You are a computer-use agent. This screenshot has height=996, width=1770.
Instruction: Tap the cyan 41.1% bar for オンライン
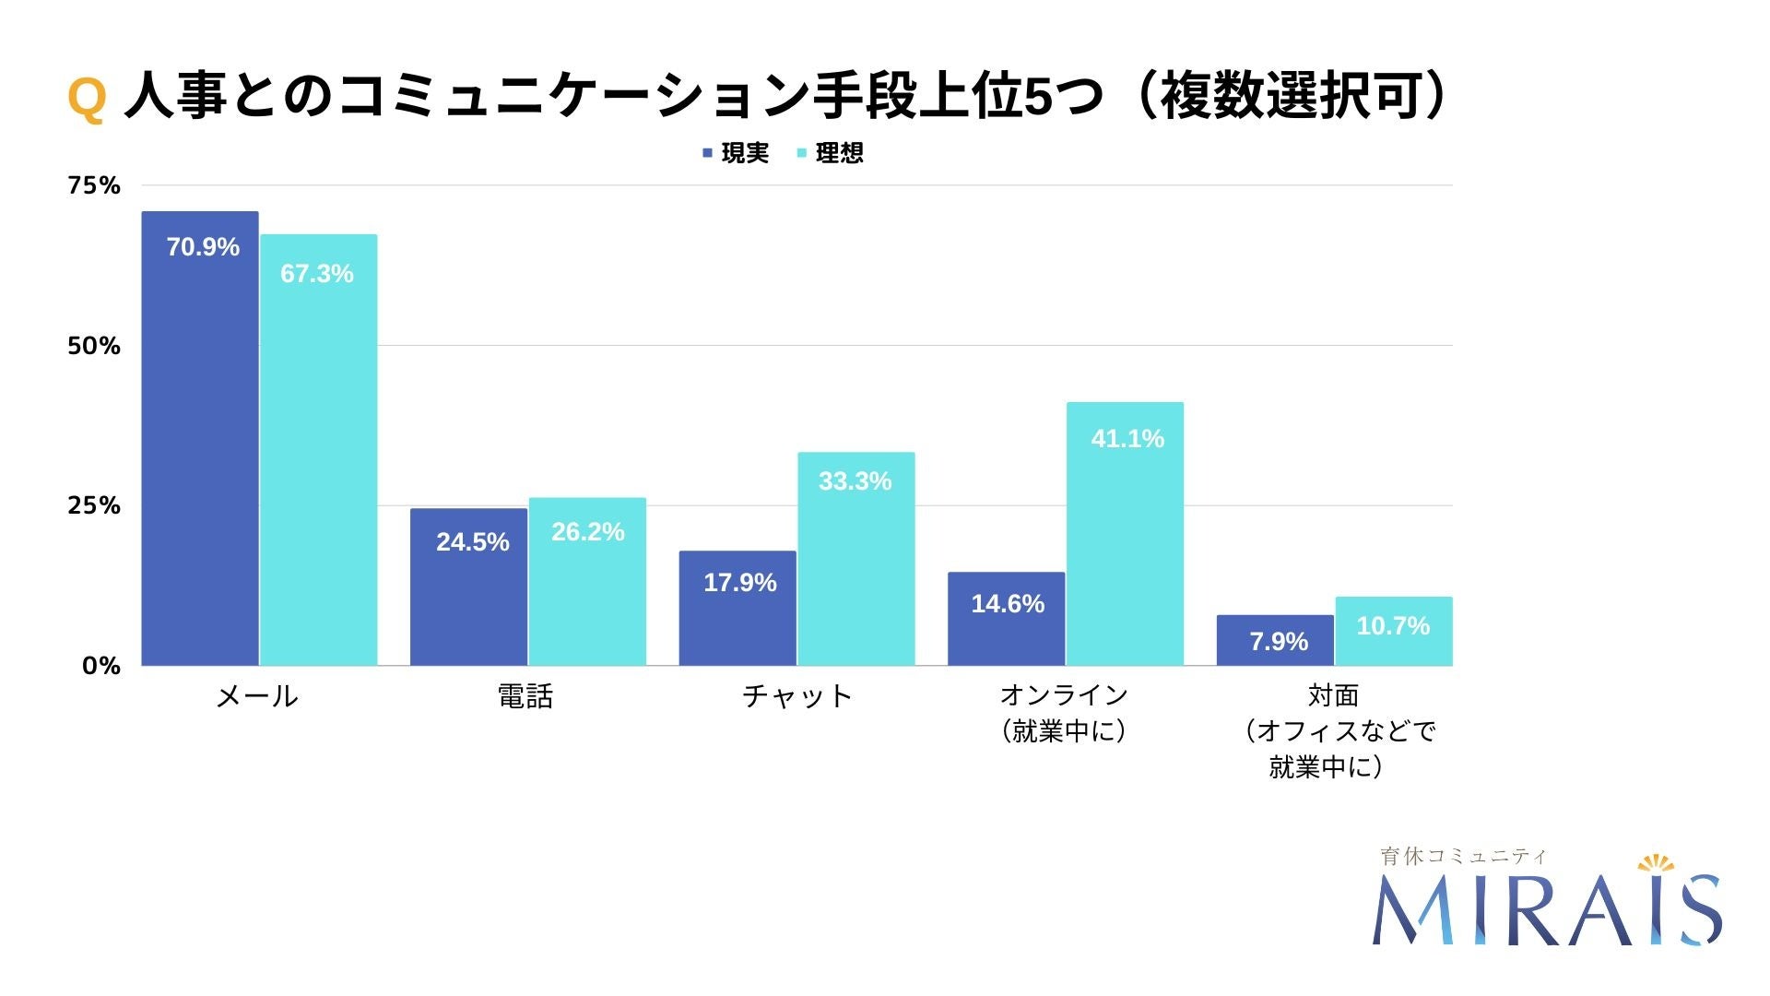click(1125, 534)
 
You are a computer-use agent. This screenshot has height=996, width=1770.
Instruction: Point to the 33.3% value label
click(855, 481)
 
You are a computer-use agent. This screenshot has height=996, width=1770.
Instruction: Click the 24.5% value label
click(472, 542)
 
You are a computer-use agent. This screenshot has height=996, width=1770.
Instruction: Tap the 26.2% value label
click(587, 532)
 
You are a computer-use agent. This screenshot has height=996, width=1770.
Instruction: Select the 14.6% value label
click(1007, 604)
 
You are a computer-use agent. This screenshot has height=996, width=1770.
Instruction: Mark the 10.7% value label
click(1392, 626)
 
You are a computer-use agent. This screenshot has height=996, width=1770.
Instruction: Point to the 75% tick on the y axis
click(94, 186)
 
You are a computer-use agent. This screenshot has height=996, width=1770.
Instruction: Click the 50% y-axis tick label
click(94, 347)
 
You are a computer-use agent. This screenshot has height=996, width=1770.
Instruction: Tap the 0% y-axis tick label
click(101, 666)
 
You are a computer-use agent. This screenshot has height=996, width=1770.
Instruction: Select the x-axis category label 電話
click(525, 696)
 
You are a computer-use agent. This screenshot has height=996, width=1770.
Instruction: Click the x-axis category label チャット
click(797, 696)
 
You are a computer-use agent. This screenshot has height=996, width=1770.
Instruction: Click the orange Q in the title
click(87, 98)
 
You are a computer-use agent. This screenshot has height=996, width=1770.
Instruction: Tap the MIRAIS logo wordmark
click(1546, 910)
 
